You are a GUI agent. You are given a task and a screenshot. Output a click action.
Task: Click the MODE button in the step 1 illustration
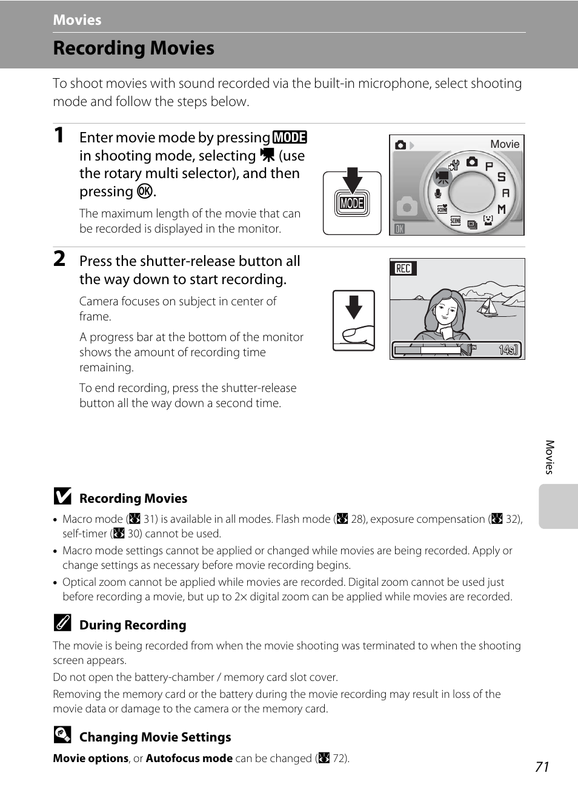click(x=352, y=204)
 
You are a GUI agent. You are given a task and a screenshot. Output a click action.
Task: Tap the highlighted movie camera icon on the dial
click(x=442, y=177)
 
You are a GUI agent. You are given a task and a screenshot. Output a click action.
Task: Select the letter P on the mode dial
click(x=489, y=166)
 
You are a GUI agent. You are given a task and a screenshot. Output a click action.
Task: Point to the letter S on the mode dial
click(x=501, y=177)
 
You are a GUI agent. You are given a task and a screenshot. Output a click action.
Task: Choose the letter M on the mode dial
click(x=502, y=209)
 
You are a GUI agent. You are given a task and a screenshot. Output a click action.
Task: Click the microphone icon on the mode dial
click(x=438, y=194)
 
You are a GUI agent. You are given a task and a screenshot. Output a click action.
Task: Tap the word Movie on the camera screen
click(x=505, y=144)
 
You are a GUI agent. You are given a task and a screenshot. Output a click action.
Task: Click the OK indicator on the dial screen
click(x=399, y=228)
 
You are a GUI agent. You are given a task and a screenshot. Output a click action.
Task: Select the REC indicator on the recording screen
click(x=404, y=268)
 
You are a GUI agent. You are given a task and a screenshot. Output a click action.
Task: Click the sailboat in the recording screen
click(x=488, y=306)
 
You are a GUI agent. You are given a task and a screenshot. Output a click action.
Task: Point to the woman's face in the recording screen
click(x=446, y=310)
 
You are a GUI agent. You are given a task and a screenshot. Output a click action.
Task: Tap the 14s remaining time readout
click(x=508, y=350)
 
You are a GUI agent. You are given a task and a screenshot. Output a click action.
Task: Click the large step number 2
click(x=59, y=259)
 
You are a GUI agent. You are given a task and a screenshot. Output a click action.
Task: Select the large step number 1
click(x=59, y=135)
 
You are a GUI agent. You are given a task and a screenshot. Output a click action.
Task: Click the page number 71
click(x=542, y=767)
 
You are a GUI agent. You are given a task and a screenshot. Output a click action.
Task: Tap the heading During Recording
click(x=133, y=625)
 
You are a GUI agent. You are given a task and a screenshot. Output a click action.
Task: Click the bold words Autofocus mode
click(x=189, y=758)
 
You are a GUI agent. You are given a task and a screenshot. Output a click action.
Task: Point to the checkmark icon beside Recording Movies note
click(x=62, y=497)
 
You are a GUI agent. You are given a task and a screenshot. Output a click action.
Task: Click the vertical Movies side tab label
click(x=550, y=457)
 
